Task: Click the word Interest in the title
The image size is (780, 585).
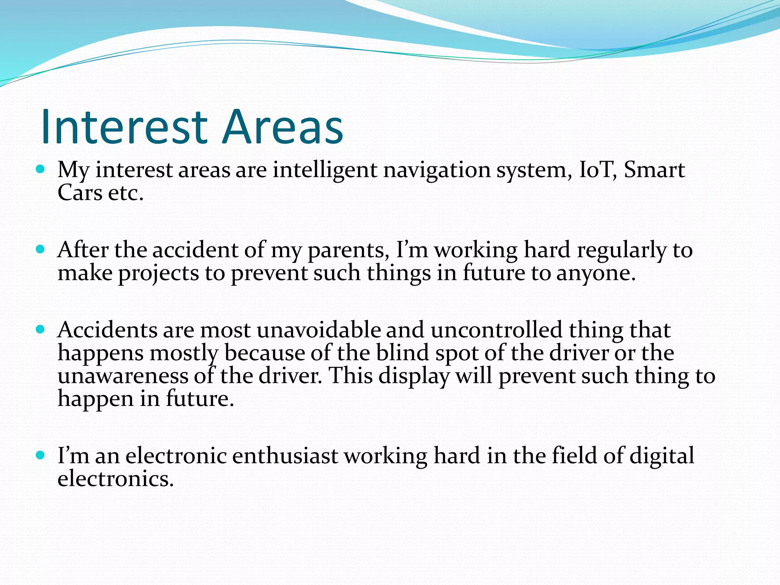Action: pyautogui.click(x=124, y=127)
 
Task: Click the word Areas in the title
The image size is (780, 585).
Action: pyautogui.click(x=283, y=127)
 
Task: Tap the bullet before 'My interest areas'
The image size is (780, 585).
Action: pyautogui.click(x=40, y=169)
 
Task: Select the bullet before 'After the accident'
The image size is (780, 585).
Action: pyautogui.click(x=40, y=249)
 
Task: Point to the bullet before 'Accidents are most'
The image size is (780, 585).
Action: pyautogui.click(x=40, y=329)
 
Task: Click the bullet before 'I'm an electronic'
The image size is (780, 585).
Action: pyautogui.click(x=40, y=455)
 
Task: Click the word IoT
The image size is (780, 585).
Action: pyautogui.click(x=597, y=170)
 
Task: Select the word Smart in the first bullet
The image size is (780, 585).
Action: pyautogui.click(x=654, y=170)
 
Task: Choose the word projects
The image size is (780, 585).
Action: pyautogui.click(x=158, y=274)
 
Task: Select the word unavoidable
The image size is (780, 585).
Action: pyautogui.click(x=318, y=330)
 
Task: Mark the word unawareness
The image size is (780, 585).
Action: pyautogui.click(x=123, y=376)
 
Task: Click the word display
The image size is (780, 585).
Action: pyautogui.click(x=414, y=377)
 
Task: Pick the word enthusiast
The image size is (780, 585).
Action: pyautogui.click(x=285, y=456)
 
